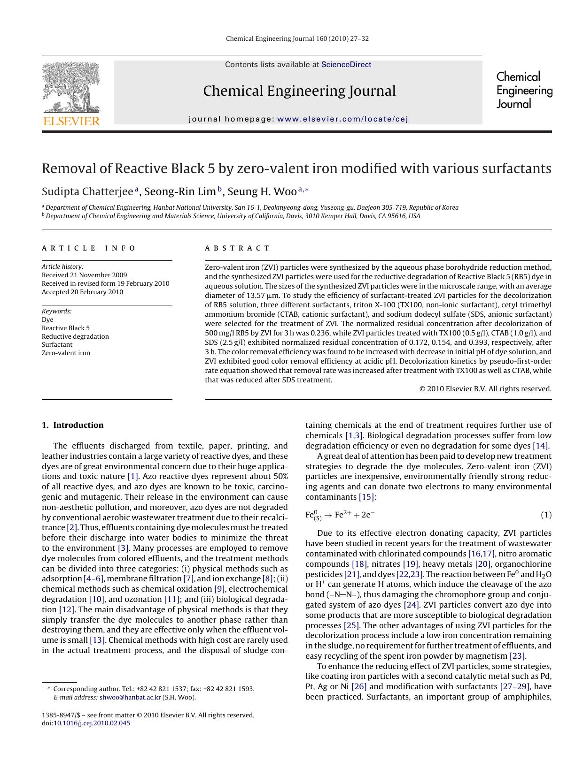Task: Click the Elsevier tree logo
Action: click(x=71, y=89)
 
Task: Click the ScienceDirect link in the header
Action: click(x=346, y=65)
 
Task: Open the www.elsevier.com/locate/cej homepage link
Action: click(x=342, y=119)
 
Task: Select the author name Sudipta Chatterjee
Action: click(x=87, y=191)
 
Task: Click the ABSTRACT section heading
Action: click(x=237, y=248)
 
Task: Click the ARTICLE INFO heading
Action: click(x=89, y=248)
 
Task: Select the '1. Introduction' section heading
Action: click(x=73, y=425)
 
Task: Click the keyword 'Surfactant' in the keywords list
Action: click(x=57, y=344)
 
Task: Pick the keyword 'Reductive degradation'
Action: click(x=75, y=336)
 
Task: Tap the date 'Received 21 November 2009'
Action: click(x=84, y=275)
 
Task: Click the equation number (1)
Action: click(x=546, y=515)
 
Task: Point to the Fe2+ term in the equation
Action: click(x=342, y=515)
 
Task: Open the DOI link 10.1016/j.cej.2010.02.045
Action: click(x=92, y=723)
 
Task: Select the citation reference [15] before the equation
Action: click(x=367, y=497)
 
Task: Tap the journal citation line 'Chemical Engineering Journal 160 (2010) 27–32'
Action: click(x=297, y=38)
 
